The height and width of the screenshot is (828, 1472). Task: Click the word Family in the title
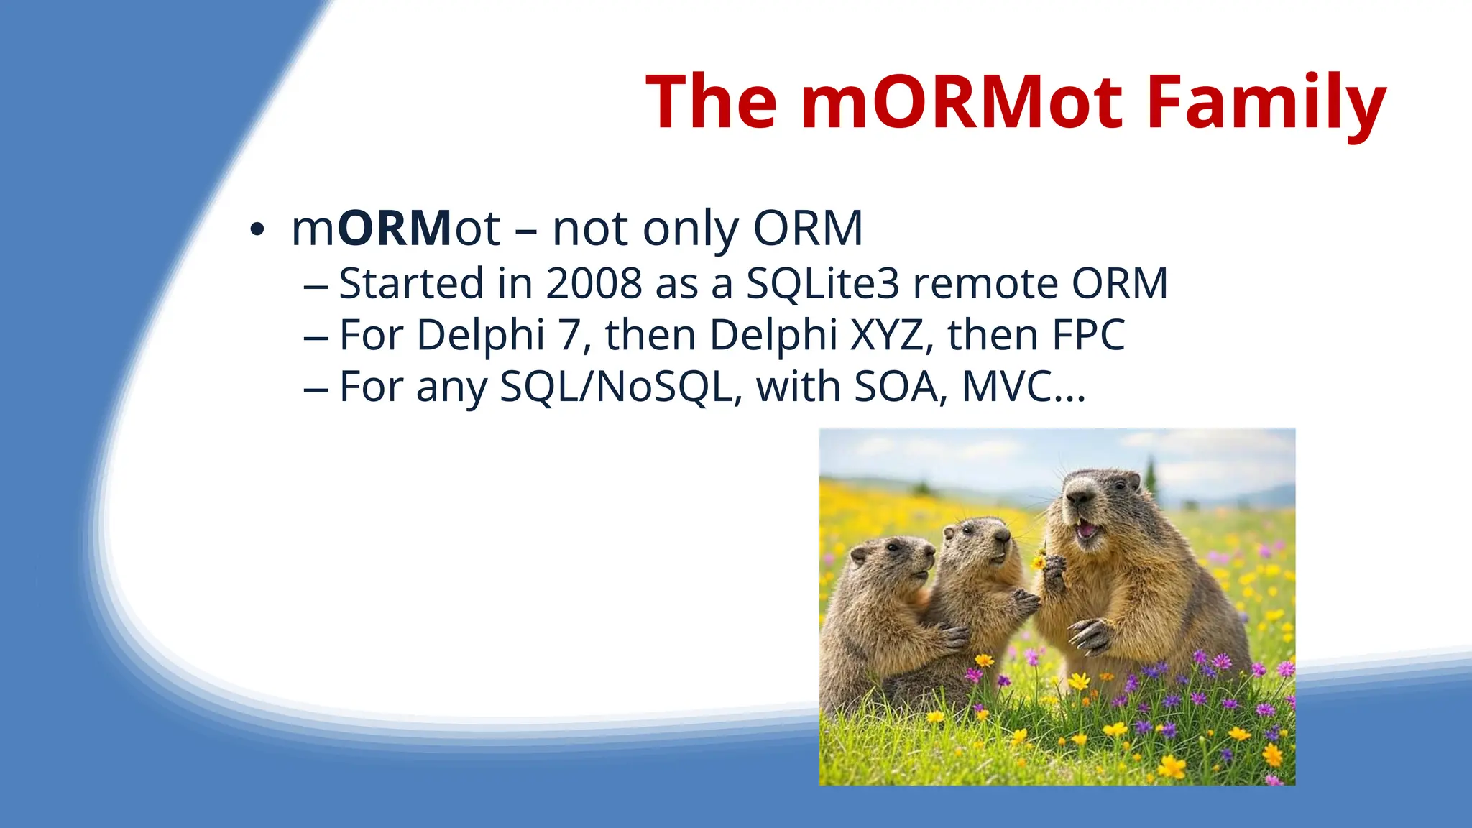tap(1265, 102)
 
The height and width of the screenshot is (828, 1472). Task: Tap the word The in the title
tap(711, 102)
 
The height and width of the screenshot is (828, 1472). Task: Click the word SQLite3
tap(823, 283)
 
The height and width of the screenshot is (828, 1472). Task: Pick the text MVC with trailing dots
tap(1023, 387)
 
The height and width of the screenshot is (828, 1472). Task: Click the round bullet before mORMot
tap(257, 231)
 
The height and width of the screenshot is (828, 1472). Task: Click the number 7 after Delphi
tap(569, 335)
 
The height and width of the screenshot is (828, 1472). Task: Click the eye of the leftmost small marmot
tap(892, 547)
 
